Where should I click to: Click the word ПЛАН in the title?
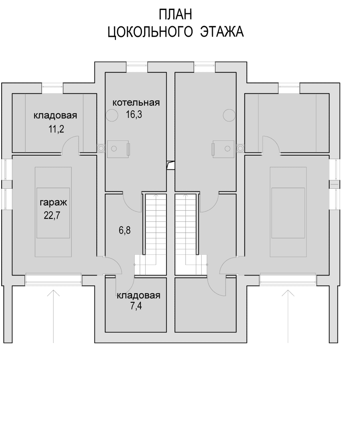[x=175, y=15]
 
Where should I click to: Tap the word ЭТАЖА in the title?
[x=221, y=32]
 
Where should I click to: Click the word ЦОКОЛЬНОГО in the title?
[x=150, y=32]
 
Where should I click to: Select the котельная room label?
[x=136, y=102]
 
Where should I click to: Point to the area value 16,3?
[x=134, y=114]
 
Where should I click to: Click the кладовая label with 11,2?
[x=55, y=115]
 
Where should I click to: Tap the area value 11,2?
[x=56, y=129]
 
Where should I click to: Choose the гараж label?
[x=53, y=203]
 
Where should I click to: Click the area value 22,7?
[x=52, y=215]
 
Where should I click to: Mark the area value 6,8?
[x=124, y=230]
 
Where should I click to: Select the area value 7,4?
[x=136, y=306]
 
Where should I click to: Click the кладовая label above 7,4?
[x=138, y=295]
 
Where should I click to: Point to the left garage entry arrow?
[x=53, y=316]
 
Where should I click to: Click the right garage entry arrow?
[x=288, y=316]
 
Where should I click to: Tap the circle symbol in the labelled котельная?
[x=112, y=115]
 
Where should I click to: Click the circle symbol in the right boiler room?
[x=229, y=115]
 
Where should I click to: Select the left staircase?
[x=150, y=234]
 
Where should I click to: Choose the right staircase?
[x=191, y=234]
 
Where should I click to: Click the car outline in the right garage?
[x=288, y=212]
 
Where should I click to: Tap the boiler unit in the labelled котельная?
[x=118, y=149]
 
